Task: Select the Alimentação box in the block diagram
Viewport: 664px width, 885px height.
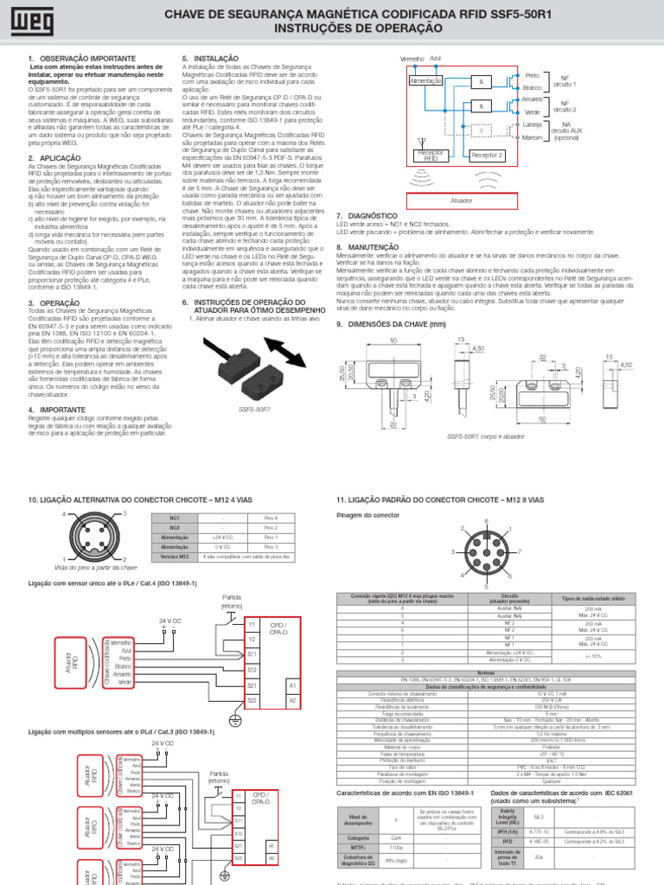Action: [x=425, y=80]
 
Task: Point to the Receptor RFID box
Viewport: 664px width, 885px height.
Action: [x=430, y=156]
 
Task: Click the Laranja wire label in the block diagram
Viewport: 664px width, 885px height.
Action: [x=533, y=125]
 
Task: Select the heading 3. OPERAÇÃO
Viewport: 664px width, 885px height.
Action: [x=54, y=303]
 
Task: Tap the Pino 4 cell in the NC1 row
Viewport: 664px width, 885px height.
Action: [x=271, y=517]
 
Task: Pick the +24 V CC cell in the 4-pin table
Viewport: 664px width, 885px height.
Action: [x=222, y=537]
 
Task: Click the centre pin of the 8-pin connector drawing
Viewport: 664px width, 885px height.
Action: [x=488, y=550]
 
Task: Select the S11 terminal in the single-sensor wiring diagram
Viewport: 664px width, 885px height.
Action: [x=252, y=654]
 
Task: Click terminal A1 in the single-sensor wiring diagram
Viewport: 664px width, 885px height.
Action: [x=291, y=684]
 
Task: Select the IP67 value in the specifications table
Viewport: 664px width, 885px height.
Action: [x=549, y=761]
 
